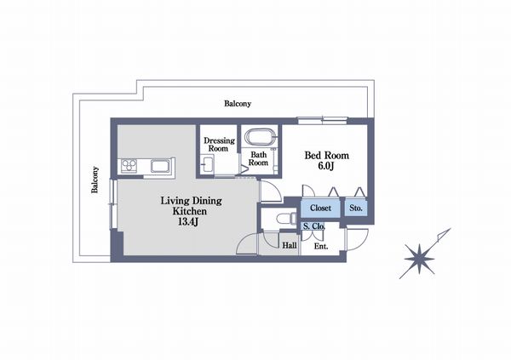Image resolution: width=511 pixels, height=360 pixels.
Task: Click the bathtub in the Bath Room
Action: [x=260, y=137]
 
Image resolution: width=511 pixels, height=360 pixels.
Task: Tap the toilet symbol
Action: [x=286, y=218]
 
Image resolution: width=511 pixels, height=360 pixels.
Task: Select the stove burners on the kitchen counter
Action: [x=129, y=165]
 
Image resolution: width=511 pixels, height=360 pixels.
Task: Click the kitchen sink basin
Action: [x=160, y=166]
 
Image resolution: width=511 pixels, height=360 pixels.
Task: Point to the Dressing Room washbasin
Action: [x=207, y=164]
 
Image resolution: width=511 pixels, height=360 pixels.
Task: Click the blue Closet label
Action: [x=320, y=208]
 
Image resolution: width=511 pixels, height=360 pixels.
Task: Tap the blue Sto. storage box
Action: [x=356, y=208]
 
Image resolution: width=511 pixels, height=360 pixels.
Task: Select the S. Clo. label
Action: [x=313, y=226]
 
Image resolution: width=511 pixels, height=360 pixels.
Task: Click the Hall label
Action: [x=290, y=245]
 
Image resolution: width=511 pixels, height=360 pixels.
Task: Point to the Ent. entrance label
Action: [x=321, y=247]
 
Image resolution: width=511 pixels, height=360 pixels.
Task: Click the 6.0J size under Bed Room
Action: [x=326, y=167]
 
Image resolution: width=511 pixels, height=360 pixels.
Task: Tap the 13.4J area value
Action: [x=188, y=222]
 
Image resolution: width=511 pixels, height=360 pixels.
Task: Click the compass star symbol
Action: [x=419, y=260]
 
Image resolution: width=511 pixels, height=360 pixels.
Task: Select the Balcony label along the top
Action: [x=238, y=104]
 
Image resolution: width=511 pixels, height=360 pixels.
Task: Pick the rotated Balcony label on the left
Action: [x=95, y=180]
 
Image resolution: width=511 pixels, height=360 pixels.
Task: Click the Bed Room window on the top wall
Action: [x=323, y=120]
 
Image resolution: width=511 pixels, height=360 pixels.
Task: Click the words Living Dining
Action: [x=192, y=201]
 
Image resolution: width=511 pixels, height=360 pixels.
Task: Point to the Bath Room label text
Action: [x=258, y=158]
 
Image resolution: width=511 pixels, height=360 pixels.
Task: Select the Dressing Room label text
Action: [x=219, y=145]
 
